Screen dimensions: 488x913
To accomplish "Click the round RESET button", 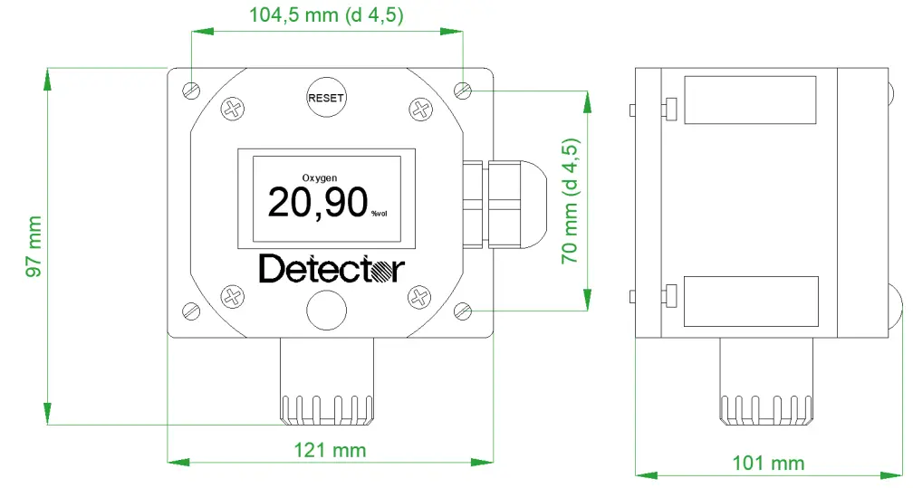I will (x=326, y=98).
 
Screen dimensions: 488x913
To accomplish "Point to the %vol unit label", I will (x=379, y=214).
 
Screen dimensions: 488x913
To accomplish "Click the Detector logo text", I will (x=331, y=269).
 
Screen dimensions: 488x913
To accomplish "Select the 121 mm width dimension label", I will (x=330, y=450).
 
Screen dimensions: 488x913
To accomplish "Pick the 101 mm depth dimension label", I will (x=768, y=464).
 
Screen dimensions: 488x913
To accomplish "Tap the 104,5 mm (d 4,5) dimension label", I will (x=327, y=15).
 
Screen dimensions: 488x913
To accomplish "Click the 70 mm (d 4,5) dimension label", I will (x=571, y=201).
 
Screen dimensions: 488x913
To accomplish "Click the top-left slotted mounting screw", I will (x=191, y=90).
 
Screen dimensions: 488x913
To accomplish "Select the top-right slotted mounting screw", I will (x=464, y=90).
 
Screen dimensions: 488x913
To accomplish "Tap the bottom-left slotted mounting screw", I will (x=191, y=310).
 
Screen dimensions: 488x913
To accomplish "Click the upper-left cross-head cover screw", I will (x=234, y=110).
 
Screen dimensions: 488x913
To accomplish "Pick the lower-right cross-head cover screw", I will (x=420, y=295).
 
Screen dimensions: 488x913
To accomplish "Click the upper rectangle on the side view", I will (x=750, y=100).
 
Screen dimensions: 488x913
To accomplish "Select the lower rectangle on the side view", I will (x=750, y=301).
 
